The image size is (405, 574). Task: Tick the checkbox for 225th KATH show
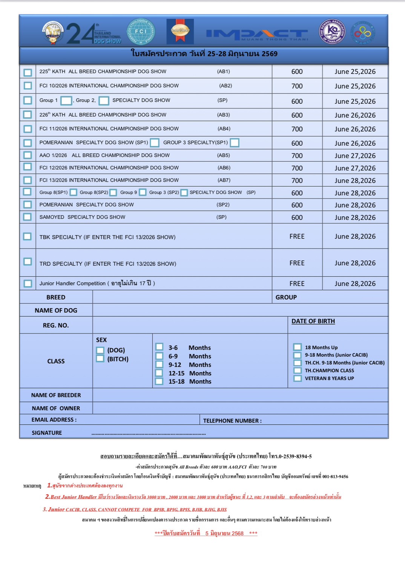[x=28, y=72]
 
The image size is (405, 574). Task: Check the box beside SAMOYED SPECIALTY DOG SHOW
[x=27, y=217]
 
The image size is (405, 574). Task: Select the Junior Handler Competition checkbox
[x=28, y=283]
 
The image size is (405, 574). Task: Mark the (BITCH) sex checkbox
[x=100, y=358]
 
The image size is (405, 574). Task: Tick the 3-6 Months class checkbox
[x=160, y=347]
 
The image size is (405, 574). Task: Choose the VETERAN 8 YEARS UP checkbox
[x=298, y=378]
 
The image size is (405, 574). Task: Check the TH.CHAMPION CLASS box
[x=298, y=370]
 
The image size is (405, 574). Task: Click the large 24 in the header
[x=80, y=34]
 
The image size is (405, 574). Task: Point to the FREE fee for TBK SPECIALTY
[x=297, y=236]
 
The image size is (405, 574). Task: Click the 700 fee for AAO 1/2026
[x=297, y=156]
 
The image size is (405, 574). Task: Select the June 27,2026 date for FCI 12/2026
[x=355, y=168]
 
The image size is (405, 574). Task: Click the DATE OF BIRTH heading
[x=313, y=321]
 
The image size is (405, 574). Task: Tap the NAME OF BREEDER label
[x=56, y=395]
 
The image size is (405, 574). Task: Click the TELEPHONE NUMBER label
[x=232, y=421]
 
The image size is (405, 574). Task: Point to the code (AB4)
[x=224, y=129]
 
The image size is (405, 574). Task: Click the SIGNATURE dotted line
[x=149, y=434]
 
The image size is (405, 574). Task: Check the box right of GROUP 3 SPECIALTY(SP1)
[x=235, y=143]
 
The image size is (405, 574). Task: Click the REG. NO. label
[x=56, y=325]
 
